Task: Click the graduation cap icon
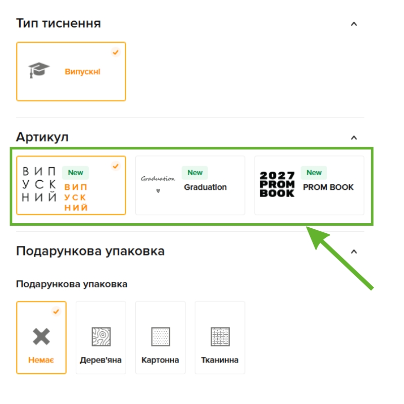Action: point(39,70)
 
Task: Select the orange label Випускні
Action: point(82,71)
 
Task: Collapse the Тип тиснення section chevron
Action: point(354,24)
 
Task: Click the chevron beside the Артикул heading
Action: point(354,138)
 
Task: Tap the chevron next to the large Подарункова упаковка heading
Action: point(354,251)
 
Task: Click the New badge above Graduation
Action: point(195,173)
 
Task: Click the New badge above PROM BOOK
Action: point(314,173)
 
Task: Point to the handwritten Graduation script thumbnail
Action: point(158,183)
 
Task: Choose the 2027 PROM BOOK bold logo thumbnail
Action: point(277,184)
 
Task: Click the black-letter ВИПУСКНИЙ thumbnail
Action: point(39,184)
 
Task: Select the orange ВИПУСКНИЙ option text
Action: point(76,197)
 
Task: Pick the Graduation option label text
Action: point(206,187)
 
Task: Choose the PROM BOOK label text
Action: point(328,187)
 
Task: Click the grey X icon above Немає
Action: point(41,336)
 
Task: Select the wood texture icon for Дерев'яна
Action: point(101,336)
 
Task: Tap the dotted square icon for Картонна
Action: point(161,336)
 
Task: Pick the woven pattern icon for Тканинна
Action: point(220,336)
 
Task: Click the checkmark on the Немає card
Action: point(56,312)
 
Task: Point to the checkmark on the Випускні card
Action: point(116,52)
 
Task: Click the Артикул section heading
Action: point(42,137)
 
